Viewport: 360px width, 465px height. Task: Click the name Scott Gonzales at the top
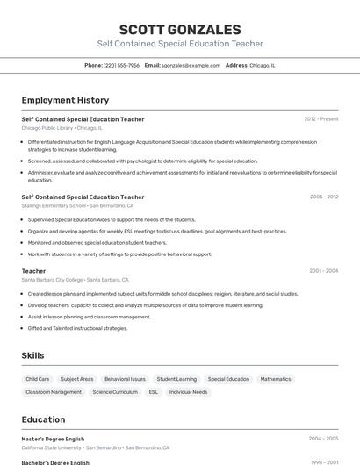pyautogui.click(x=179, y=29)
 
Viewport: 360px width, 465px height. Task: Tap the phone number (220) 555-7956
pyautogui.click(x=121, y=65)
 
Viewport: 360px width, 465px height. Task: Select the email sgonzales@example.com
pyautogui.click(x=191, y=65)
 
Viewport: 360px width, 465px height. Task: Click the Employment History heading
pyautogui.click(x=65, y=100)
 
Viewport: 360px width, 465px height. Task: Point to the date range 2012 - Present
pyautogui.click(x=320, y=118)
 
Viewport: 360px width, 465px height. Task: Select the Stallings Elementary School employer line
pyautogui.click(x=77, y=205)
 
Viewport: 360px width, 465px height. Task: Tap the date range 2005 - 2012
pyautogui.click(x=323, y=197)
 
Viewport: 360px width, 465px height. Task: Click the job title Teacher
pyautogui.click(x=33, y=271)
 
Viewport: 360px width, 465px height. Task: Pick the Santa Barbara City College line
pyautogui.click(x=76, y=280)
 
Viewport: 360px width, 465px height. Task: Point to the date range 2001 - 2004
pyautogui.click(x=323, y=271)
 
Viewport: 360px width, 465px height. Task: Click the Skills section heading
pyautogui.click(x=32, y=355)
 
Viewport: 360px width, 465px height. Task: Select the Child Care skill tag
pyautogui.click(x=38, y=379)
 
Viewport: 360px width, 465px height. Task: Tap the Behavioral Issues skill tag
pyautogui.click(x=125, y=379)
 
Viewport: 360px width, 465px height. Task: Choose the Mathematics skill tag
pyautogui.click(x=275, y=379)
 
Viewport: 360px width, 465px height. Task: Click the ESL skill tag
pyautogui.click(x=153, y=392)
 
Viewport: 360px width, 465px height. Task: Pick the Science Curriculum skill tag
pyautogui.click(x=115, y=392)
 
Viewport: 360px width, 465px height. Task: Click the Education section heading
pyautogui.click(x=43, y=420)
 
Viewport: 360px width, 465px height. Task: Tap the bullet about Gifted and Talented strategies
pyautogui.click(x=77, y=328)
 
